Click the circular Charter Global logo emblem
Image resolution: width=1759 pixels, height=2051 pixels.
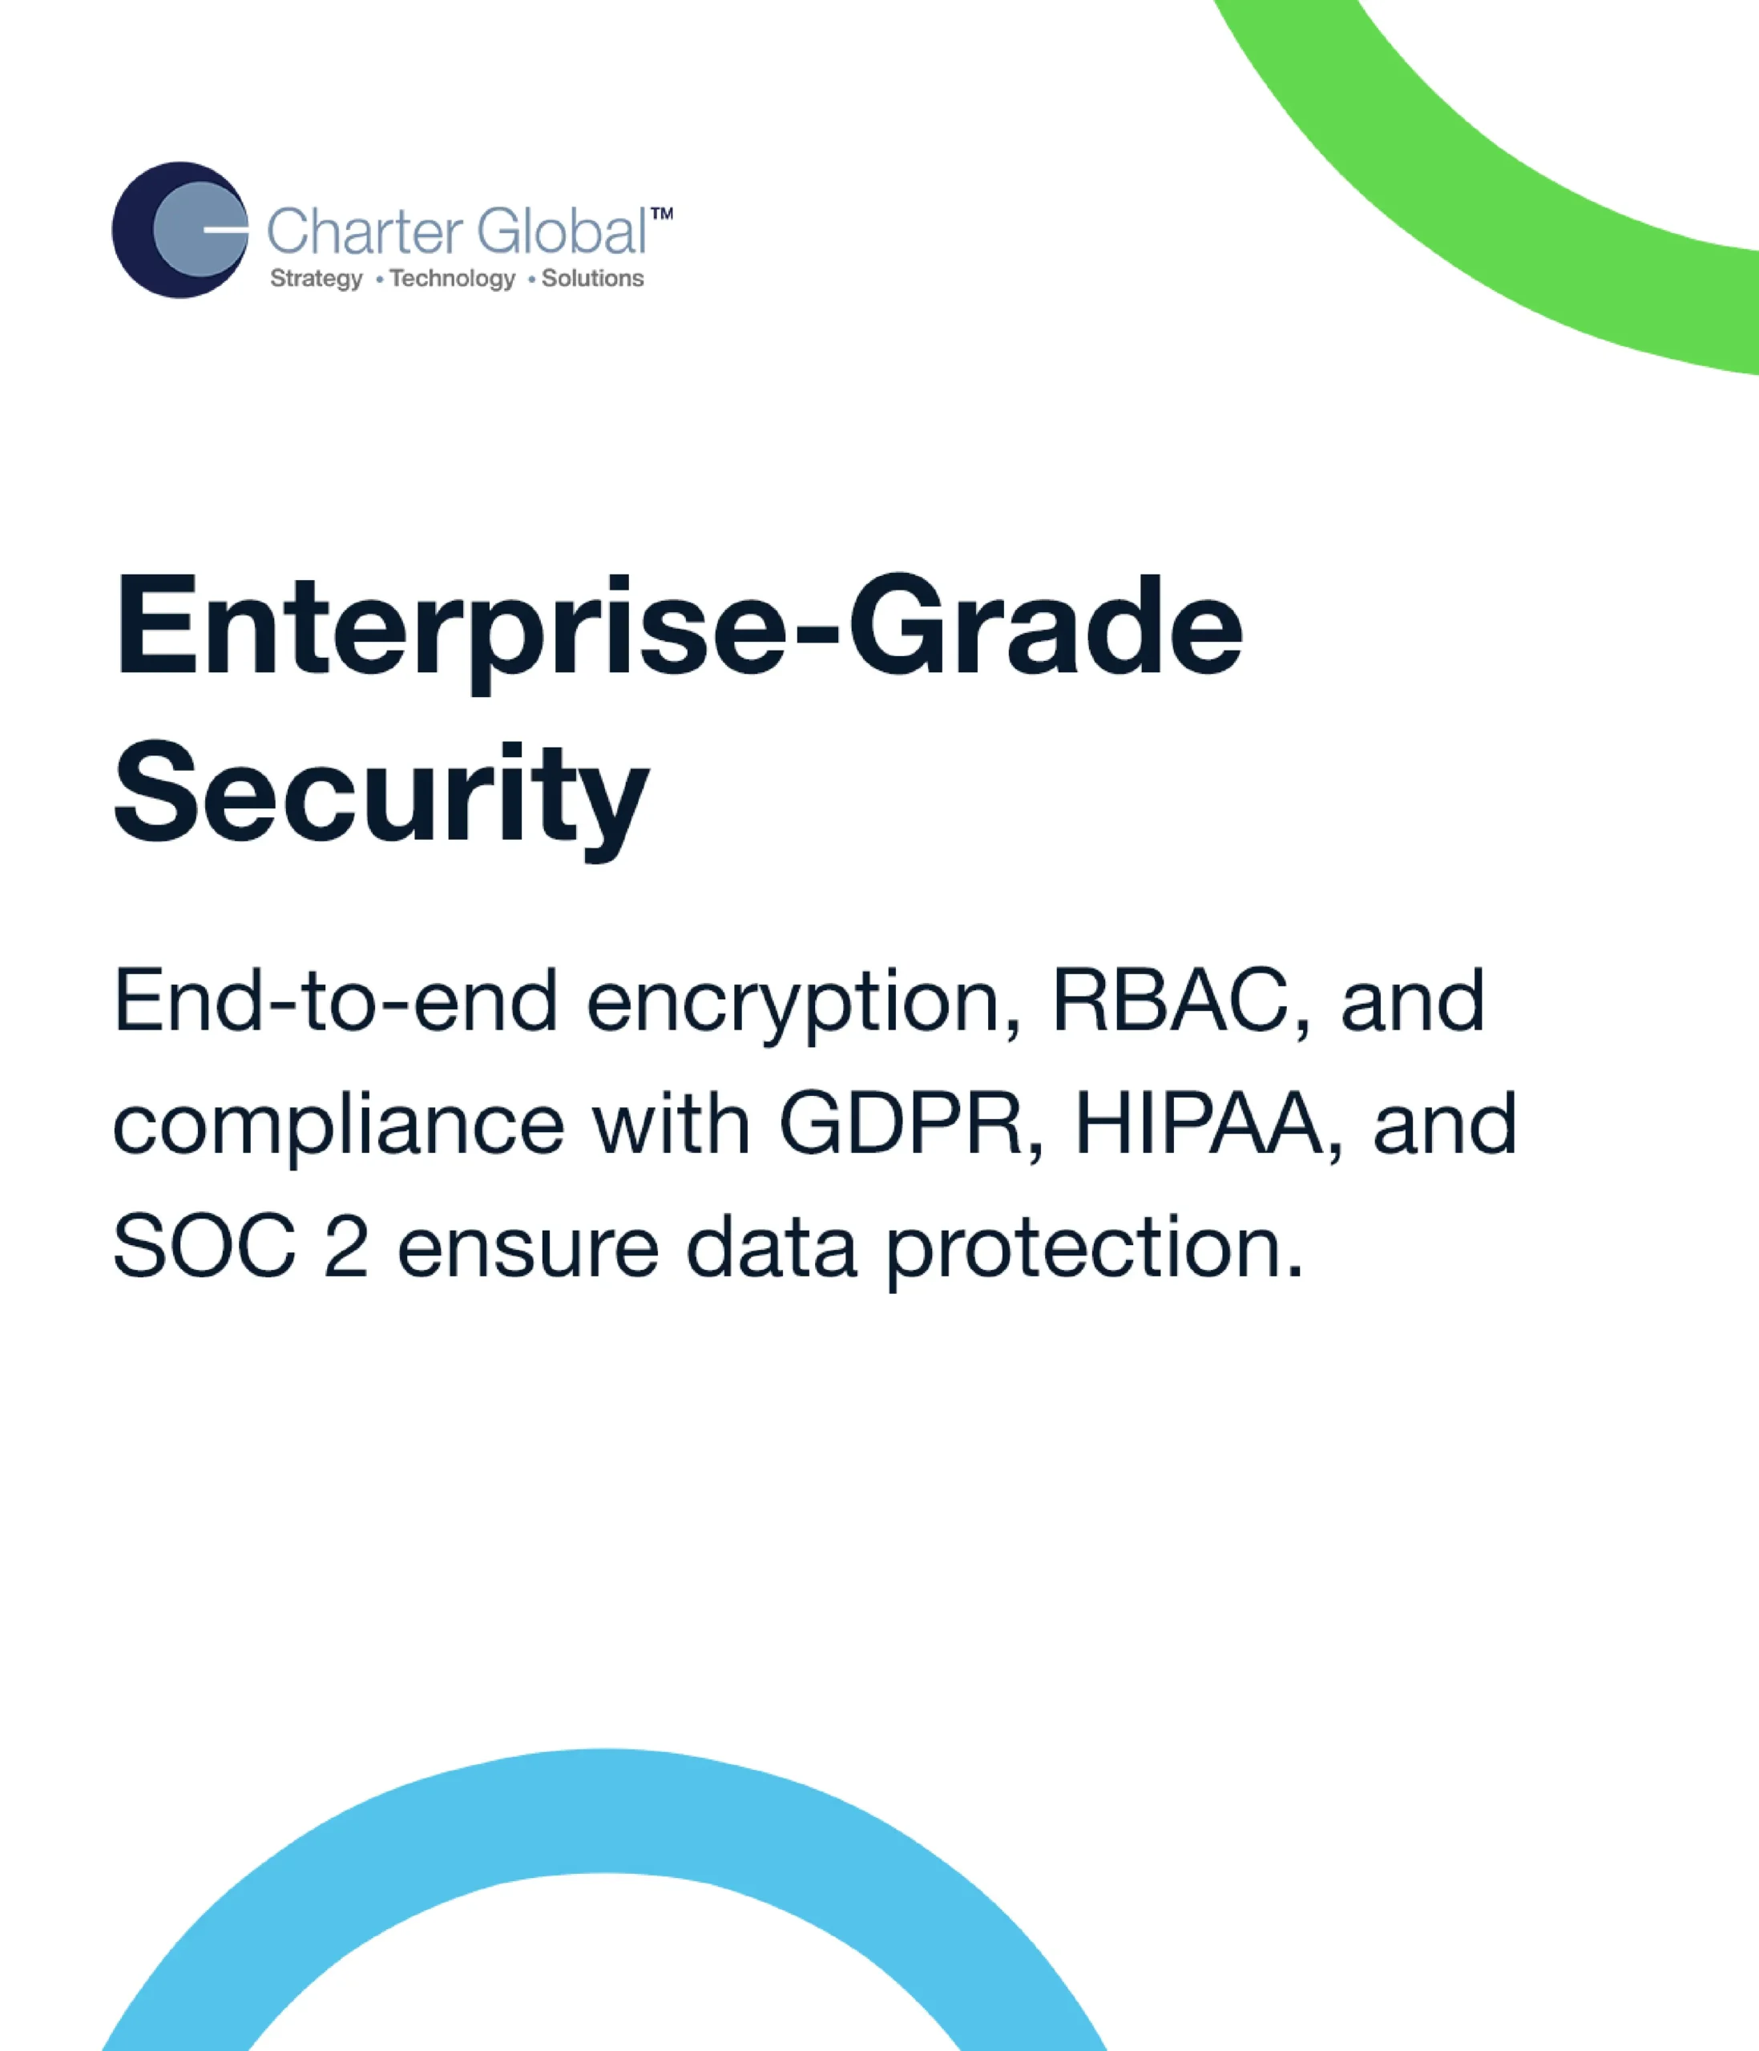click(x=180, y=230)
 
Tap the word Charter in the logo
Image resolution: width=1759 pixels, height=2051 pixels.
click(x=365, y=232)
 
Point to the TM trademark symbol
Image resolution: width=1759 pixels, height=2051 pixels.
click(x=661, y=214)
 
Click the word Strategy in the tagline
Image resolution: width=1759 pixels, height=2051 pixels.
click(x=317, y=279)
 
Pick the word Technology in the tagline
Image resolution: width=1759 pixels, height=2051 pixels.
click(x=452, y=279)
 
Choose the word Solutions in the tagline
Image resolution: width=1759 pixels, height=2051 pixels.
click(x=592, y=278)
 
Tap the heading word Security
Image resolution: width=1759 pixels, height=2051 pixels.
click(x=381, y=796)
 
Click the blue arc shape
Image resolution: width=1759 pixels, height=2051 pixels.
click(x=603, y=1811)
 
